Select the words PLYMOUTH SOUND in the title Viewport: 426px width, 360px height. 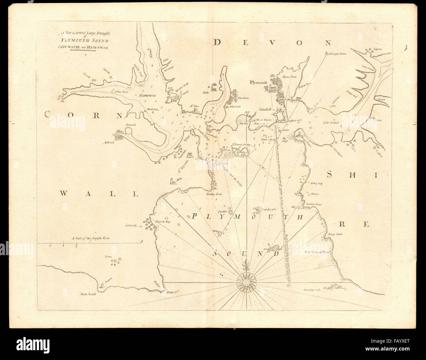[84, 41]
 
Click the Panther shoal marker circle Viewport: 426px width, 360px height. [230, 212]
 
